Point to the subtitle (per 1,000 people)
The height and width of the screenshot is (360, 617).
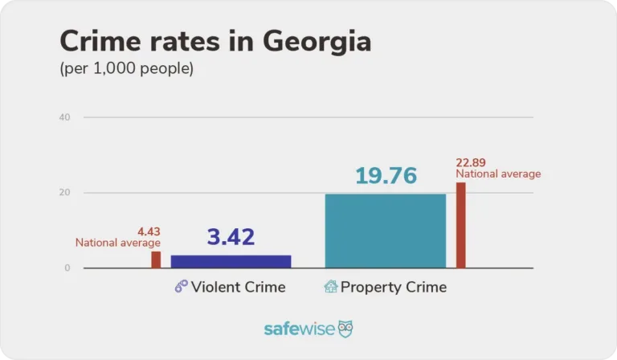[127, 69]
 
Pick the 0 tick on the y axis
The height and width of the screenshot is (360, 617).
[67, 268]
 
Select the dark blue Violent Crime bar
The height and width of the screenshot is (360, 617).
[231, 261]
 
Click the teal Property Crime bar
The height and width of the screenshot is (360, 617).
[385, 231]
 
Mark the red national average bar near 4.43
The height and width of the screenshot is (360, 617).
[156, 260]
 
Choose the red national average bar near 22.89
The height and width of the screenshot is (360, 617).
[461, 225]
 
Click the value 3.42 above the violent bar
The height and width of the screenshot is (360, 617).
[231, 237]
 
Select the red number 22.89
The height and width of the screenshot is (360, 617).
[471, 162]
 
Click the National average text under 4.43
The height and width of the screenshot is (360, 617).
[118, 243]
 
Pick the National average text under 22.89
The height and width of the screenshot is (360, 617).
[498, 174]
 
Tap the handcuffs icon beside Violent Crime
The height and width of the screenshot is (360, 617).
[182, 287]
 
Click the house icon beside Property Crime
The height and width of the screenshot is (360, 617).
[330, 287]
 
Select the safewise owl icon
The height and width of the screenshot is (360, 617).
[345, 329]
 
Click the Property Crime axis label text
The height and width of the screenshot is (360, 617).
[394, 287]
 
